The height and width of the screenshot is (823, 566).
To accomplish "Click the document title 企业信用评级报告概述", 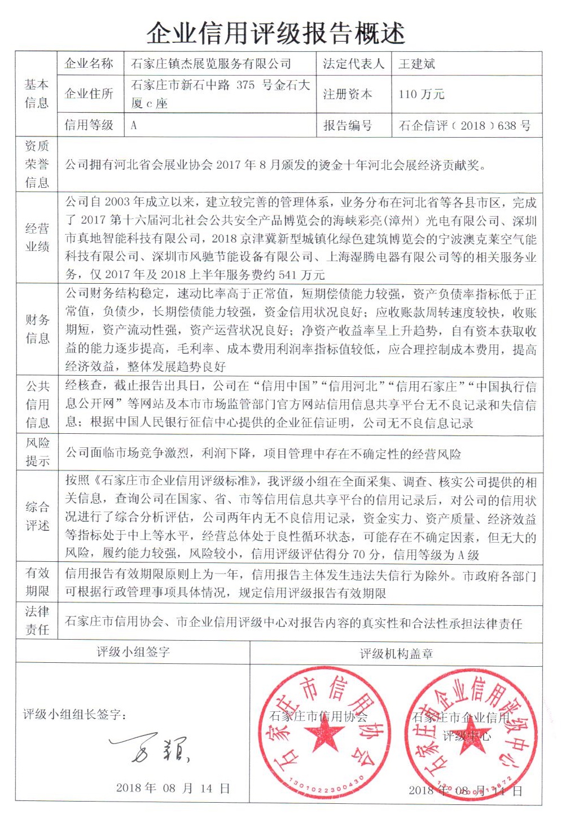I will pyautogui.click(x=275, y=33).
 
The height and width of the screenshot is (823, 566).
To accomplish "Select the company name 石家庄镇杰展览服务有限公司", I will pyautogui.click(x=211, y=64).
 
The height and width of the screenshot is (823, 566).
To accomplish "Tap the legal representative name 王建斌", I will pyautogui.click(x=416, y=64).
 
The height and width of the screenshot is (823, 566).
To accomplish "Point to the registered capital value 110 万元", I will pyautogui.click(x=421, y=94).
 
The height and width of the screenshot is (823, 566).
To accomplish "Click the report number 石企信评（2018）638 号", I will pyautogui.click(x=464, y=125).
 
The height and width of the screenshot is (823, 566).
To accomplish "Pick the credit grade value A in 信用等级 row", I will pyautogui.click(x=134, y=125).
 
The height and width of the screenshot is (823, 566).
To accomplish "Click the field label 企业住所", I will pyautogui.click(x=89, y=94).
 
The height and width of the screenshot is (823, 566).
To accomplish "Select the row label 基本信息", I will pyautogui.click(x=37, y=94).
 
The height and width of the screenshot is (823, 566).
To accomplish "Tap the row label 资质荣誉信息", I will pyautogui.click(x=37, y=164).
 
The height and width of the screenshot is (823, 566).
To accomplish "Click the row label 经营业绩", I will pyautogui.click(x=37, y=237).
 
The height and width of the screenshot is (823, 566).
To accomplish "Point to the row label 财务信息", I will pyautogui.click(x=37, y=329).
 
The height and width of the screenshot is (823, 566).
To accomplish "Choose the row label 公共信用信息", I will pyautogui.click(x=37, y=404).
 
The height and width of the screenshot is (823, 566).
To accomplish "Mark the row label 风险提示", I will pyautogui.click(x=37, y=452).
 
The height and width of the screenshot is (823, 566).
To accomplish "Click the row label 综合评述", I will pyautogui.click(x=37, y=516).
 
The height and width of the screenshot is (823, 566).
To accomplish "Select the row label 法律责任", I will pyautogui.click(x=37, y=620).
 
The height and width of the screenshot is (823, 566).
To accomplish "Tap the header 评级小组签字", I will pyautogui.click(x=133, y=652).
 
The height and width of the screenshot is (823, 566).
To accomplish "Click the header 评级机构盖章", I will pyautogui.click(x=396, y=654).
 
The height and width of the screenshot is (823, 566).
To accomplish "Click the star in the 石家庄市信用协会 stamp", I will pyautogui.click(x=323, y=737).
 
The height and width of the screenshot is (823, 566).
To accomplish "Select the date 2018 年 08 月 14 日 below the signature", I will pyautogui.click(x=173, y=788).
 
